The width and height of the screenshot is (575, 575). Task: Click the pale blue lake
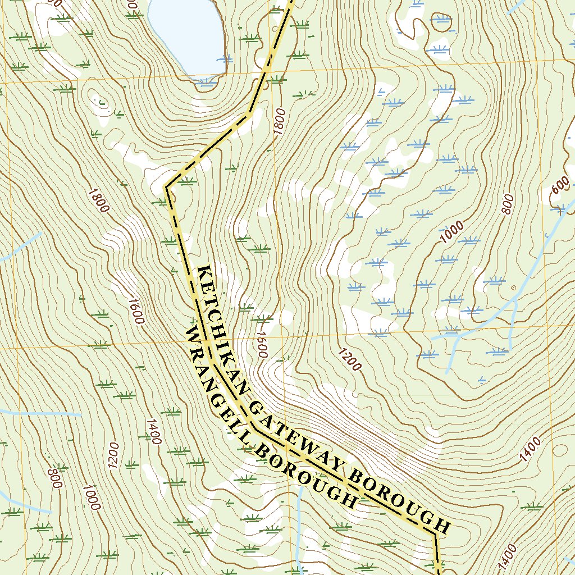pyautogui.click(x=188, y=34)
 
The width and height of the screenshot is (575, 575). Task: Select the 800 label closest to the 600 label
pyautogui.click(x=507, y=204)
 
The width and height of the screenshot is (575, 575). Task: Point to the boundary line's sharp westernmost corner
pyautogui.click(x=166, y=186)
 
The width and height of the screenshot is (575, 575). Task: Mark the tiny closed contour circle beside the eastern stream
pyautogui.click(x=514, y=288)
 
